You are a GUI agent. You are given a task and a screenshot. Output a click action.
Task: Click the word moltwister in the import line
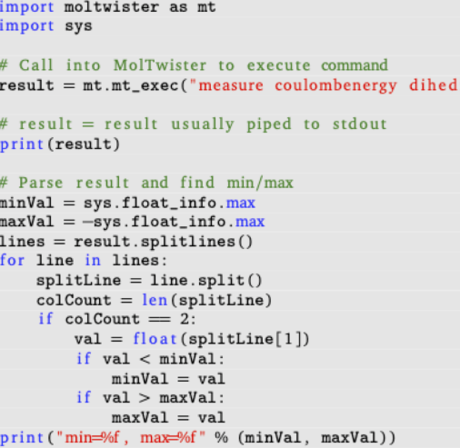click(x=112, y=6)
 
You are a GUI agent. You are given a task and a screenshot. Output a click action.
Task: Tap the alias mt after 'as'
click(x=206, y=6)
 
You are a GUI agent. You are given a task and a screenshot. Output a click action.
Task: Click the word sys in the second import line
click(x=78, y=26)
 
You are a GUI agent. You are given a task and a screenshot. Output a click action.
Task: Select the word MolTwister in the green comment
click(x=160, y=65)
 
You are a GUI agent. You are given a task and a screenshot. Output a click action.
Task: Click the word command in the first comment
click(x=355, y=65)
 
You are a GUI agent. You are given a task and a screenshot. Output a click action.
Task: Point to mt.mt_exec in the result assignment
click(x=131, y=85)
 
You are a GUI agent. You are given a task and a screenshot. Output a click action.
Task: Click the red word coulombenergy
click(x=335, y=85)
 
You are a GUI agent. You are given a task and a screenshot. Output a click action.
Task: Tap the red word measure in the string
click(x=231, y=85)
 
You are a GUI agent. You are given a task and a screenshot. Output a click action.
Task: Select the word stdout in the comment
click(x=360, y=124)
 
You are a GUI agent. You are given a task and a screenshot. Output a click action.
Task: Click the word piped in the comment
click(x=269, y=124)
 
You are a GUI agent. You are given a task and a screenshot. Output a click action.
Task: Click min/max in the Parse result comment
click(x=260, y=183)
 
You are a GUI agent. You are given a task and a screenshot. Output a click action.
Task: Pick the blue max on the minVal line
click(x=241, y=203)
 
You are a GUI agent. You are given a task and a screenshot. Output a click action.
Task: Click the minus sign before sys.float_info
click(x=87, y=222)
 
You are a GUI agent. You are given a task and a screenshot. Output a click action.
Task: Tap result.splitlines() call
click(x=163, y=242)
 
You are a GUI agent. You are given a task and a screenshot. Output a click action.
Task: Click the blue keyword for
click(x=12, y=261)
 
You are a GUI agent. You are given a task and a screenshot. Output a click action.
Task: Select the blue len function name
click(x=155, y=300)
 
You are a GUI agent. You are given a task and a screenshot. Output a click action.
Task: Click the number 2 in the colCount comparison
click(x=185, y=319)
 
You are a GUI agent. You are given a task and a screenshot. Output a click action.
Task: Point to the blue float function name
click(x=155, y=338)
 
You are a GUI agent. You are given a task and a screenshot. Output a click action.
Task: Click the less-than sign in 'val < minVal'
click(x=145, y=359)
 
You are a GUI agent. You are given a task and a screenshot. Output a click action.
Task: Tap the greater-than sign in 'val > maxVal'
click(x=145, y=398)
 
